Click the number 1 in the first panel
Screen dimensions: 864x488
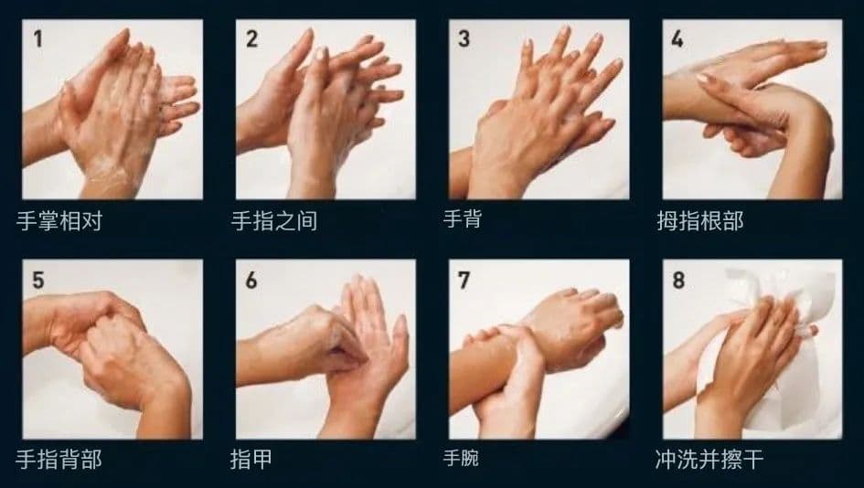click(x=38, y=38)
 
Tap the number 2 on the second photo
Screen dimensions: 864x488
click(x=251, y=38)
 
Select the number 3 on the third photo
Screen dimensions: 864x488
click(x=464, y=38)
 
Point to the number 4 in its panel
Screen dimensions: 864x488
click(x=677, y=38)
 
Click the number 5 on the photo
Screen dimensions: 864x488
click(x=38, y=280)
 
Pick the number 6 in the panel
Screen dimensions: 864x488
click(x=251, y=280)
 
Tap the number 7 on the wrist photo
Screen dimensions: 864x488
click(x=464, y=280)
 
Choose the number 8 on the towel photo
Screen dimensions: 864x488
click(x=678, y=280)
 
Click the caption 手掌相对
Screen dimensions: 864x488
click(x=59, y=221)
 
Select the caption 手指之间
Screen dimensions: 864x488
click(x=274, y=221)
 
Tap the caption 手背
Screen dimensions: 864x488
click(x=463, y=218)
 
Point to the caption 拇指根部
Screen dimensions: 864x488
click(x=699, y=221)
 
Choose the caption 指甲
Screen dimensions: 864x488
click(x=251, y=459)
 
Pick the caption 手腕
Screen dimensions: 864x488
click(x=461, y=457)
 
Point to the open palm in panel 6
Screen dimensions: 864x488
click(x=369, y=353)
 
